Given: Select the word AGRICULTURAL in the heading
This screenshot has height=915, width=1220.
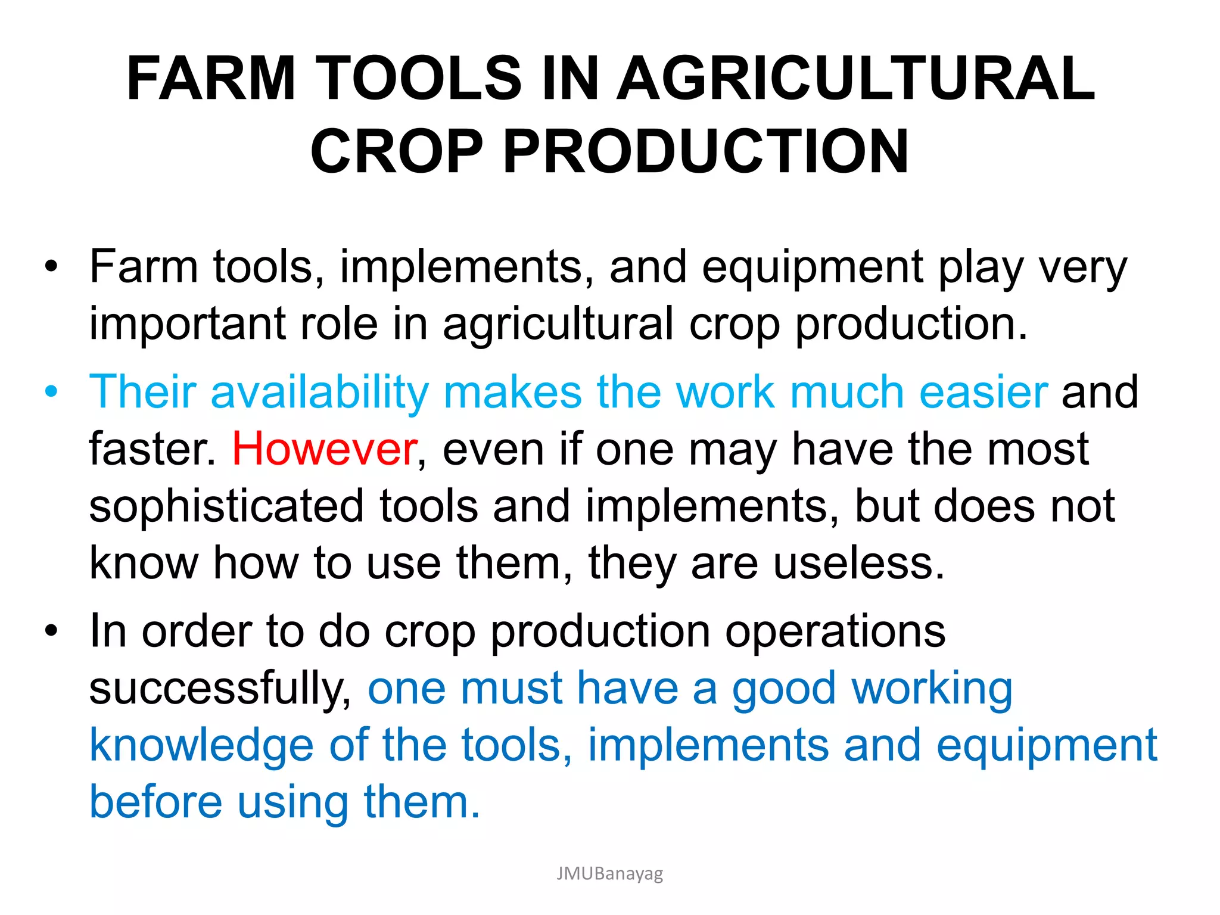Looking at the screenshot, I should pos(855,78).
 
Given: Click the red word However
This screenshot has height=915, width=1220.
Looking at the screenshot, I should pos(325,449).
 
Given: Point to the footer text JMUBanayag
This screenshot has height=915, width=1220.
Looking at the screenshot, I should pos(609,873).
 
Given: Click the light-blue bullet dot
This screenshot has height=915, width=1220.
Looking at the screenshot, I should pos(52,393).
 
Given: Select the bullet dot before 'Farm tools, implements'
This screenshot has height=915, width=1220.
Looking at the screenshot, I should pos(52,266).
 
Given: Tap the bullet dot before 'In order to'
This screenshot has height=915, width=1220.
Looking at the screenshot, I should pos(52,631).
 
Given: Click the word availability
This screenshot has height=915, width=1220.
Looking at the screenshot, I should pos(319,393).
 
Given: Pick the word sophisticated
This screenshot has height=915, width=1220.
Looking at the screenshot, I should pos(226,506).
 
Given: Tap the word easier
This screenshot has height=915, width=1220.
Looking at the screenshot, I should pos(983,393).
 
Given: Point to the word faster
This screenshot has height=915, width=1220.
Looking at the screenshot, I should pos(152,449).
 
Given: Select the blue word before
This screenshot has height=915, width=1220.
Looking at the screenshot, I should pos(155,802).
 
